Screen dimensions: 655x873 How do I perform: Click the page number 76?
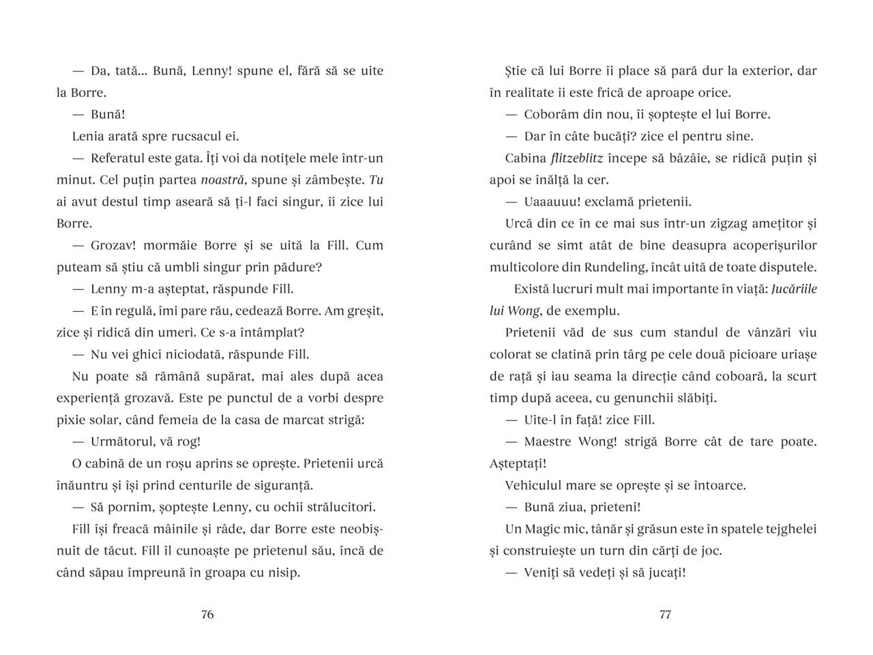(x=207, y=614)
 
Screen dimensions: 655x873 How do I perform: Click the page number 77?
(x=665, y=614)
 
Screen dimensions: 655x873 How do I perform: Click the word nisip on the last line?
(x=282, y=573)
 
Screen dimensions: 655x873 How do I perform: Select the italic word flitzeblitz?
(x=576, y=158)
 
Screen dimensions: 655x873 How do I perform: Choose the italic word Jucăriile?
(x=794, y=289)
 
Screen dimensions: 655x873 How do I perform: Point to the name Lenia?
(x=89, y=136)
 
